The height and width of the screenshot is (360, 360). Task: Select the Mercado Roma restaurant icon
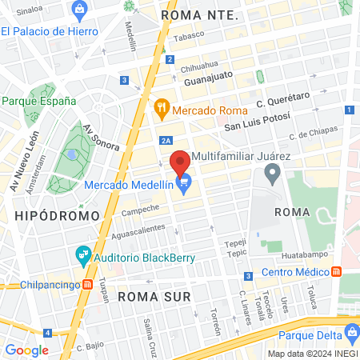(x=161, y=106)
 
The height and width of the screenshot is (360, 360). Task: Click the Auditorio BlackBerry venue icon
(x=82, y=256)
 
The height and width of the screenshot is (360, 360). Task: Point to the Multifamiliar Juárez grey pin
(x=273, y=171)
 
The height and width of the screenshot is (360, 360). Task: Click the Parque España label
(x=38, y=101)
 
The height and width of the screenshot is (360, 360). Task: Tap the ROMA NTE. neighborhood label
(x=199, y=14)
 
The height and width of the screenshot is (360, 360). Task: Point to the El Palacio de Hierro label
(x=50, y=31)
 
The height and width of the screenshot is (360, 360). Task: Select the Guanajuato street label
(x=208, y=79)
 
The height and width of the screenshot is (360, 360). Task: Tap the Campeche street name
(x=140, y=210)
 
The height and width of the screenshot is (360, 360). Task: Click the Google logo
(x=26, y=350)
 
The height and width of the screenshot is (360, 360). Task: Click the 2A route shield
(x=166, y=141)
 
